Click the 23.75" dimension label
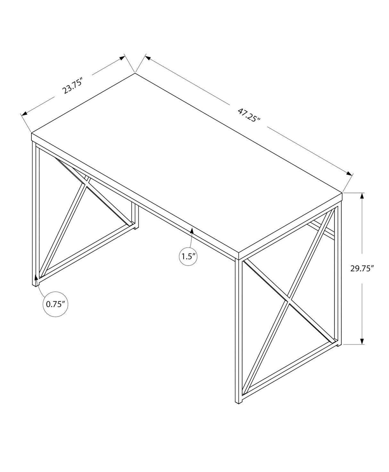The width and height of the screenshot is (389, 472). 73,85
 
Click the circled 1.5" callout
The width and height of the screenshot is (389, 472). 188,247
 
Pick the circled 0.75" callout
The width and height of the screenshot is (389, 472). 55,304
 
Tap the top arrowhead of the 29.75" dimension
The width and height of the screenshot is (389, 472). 362,195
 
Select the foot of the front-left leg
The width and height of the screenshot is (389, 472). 35,284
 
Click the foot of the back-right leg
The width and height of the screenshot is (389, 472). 338,344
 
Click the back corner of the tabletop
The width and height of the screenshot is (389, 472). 135,73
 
